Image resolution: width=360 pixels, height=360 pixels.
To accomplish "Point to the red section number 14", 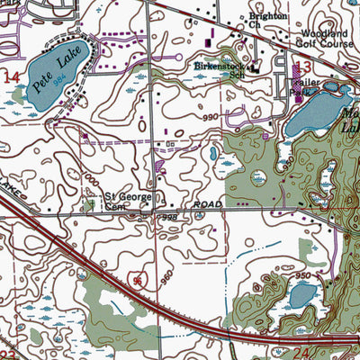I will click(x=11, y=80).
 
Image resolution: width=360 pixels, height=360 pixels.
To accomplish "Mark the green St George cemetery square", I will click(x=90, y=205).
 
